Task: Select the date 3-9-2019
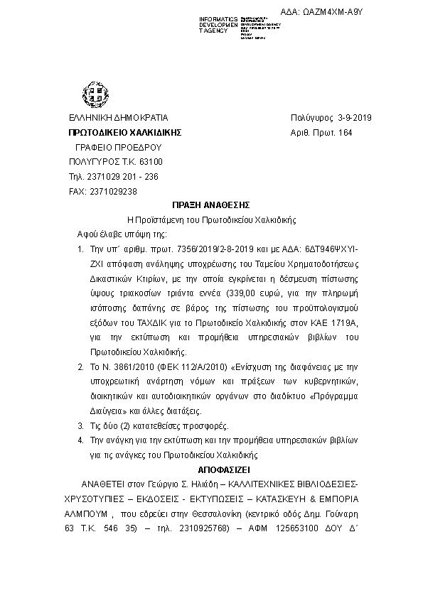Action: point(360,118)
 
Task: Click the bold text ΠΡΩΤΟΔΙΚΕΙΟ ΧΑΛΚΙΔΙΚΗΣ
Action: point(125,133)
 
